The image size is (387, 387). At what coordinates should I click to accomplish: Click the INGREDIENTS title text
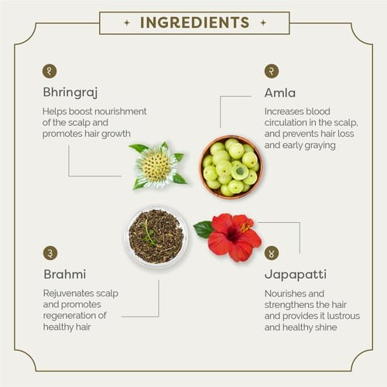tap(194, 22)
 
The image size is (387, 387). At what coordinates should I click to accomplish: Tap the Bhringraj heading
tap(70, 92)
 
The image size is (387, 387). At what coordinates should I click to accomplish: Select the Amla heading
tap(280, 93)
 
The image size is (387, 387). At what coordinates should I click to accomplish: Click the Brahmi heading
tap(65, 274)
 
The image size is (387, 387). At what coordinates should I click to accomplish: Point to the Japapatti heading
tap(296, 275)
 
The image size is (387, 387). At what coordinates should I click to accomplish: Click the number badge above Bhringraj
tap(50, 71)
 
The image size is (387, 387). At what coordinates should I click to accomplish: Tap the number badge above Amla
tap(272, 71)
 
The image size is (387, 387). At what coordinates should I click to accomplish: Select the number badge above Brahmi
tap(50, 253)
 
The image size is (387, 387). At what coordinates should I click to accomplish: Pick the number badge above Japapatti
tap(272, 253)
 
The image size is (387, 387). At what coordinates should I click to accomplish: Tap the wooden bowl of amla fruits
tap(231, 167)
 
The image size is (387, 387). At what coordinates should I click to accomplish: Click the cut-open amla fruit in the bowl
tap(240, 170)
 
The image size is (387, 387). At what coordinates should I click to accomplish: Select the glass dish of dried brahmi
tap(156, 236)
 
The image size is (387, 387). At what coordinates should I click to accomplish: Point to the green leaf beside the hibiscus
tap(204, 229)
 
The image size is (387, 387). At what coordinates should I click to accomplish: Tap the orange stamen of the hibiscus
tap(245, 226)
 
